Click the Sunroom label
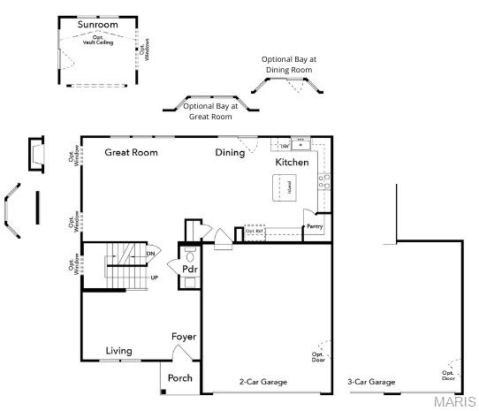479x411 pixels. click(x=97, y=24)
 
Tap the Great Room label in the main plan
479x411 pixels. click(x=131, y=152)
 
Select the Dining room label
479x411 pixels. click(x=230, y=152)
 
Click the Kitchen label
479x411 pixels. click(x=292, y=163)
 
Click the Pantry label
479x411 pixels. click(x=314, y=227)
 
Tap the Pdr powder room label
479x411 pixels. click(x=189, y=269)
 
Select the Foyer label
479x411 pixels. click(x=184, y=337)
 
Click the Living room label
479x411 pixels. click(x=119, y=351)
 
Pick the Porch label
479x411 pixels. click(x=180, y=378)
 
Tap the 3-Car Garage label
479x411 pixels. click(x=371, y=382)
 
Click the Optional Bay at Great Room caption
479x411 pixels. click(x=210, y=110)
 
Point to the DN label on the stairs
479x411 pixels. click(x=150, y=254)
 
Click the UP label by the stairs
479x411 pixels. click(x=155, y=278)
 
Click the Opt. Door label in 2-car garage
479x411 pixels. click(x=317, y=357)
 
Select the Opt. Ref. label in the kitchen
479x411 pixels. click(x=255, y=231)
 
